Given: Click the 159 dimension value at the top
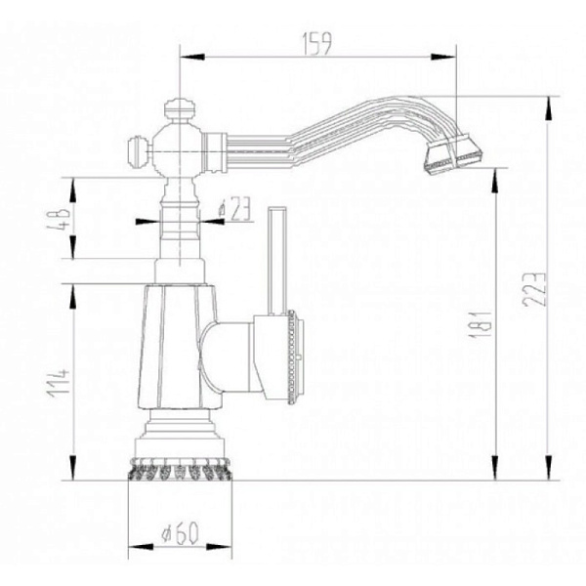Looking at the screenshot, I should (x=318, y=42).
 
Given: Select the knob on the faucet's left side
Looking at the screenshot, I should (x=139, y=150).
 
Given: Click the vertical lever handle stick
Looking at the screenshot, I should (x=276, y=259).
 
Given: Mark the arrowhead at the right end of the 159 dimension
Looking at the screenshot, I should (x=454, y=57).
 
